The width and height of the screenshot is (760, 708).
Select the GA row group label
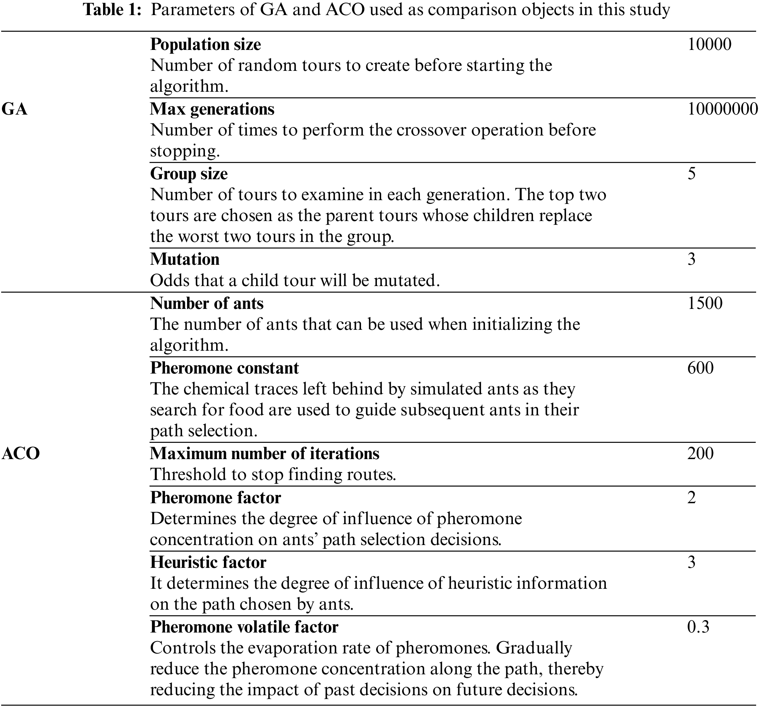click(x=15, y=109)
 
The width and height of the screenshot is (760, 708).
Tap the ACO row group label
click(x=21, y=453)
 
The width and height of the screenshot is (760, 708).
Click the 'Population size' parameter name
click(x=205, y=45)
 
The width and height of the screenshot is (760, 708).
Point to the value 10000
click(x=709, y=45)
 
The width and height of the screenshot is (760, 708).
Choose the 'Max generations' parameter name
click(x=212, y=109)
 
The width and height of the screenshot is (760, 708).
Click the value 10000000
click(x=722, y=109)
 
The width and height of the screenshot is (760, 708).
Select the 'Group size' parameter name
click(x=189, y=174)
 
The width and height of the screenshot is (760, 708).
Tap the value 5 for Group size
click(x=691, y=174)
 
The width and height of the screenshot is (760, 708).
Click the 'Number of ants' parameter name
click(x=206, y=303)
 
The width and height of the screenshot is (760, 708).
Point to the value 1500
click(x=705, y=303)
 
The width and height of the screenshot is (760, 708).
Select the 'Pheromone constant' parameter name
click(x=224, y=368)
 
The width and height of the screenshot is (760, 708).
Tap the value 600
click(x=700, y=368)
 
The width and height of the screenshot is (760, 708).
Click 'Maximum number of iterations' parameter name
click(x=265, y=454)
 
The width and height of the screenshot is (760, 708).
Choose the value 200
click(x=700, y=454)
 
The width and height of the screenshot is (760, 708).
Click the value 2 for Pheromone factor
click(x=691, y=498)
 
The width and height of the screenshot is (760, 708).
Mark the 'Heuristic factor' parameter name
click(x=208, y=562)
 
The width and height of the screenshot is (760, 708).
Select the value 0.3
click(x=698, y=627)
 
